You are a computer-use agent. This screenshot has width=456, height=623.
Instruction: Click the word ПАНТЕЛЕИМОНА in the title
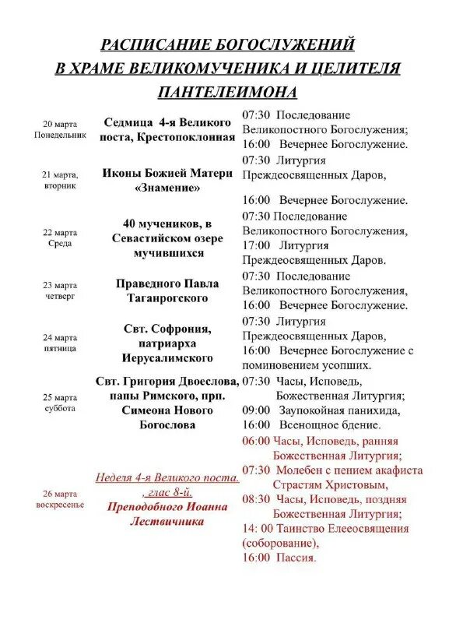(x=227, y=92)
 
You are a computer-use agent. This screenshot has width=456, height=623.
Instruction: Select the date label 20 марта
(x=59, y=124)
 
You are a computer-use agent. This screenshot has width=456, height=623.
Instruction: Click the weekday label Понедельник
(x=59, y=135)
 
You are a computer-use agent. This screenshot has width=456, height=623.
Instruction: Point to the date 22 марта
(x=59, y=233)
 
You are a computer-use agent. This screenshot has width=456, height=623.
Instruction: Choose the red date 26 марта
(x=59, y=494)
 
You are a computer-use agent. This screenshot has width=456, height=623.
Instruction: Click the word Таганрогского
(x=168, y=298)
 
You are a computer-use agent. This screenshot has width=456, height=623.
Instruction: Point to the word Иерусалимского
(x=168, y=358)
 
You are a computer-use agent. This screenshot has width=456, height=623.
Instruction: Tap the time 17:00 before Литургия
(x=256, y=245)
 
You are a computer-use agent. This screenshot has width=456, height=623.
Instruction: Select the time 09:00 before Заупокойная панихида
(x=256, y=410)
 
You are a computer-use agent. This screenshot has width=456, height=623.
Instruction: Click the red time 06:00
(x=256, y=441)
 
